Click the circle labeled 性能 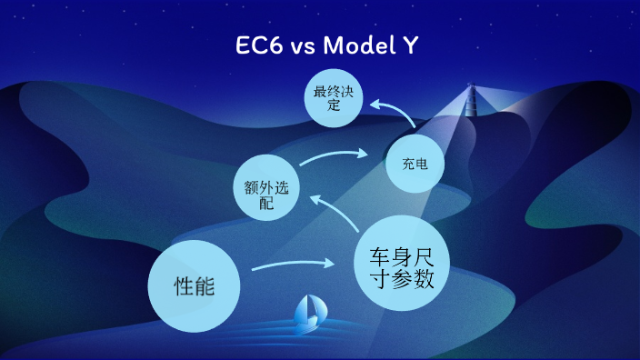click(194, 286)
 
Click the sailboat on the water click(308, 312)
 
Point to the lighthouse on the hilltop click(472, 101)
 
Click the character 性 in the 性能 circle click(182, 286)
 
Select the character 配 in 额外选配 click(265, 204)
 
